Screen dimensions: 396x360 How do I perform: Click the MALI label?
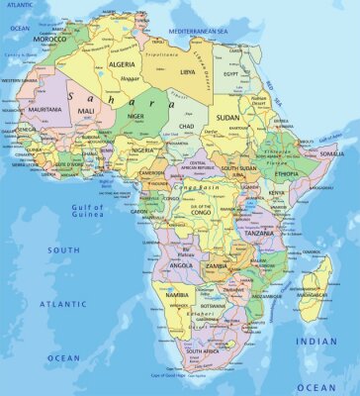(x=87, y=111)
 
